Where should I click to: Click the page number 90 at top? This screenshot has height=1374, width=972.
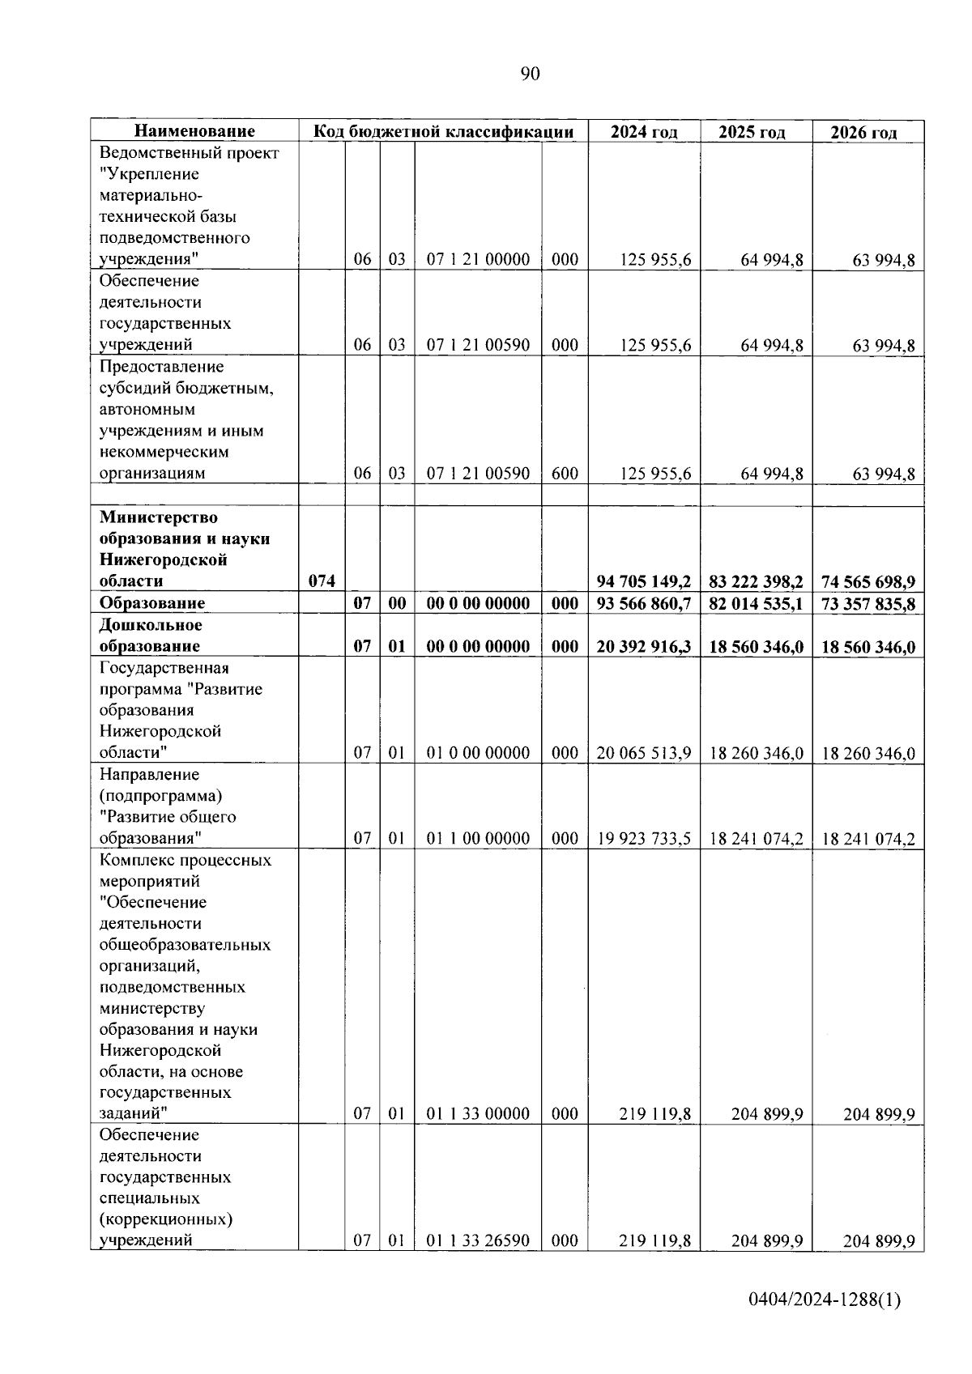pyautogui.click(x=530, y=74)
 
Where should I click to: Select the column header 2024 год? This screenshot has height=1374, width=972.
pyautogui.click(x=644, y=132)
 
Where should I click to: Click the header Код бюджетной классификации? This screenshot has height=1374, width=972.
pyautogui.click(x=443, y=132)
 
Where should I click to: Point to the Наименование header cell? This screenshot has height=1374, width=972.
pyautogui.click(x=194, y=131)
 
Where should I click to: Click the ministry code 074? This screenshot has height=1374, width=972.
pyautogui.click(x=322, y=581)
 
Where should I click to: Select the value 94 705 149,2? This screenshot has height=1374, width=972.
pyautogui.click(x=644, y=581)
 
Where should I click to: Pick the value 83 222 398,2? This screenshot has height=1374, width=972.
pyautogui.click(x=756, y=581)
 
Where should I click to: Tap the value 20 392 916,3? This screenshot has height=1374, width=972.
pyautogui.click(x=644, y=647)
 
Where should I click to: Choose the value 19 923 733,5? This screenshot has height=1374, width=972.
pyautogui.click(x=644, y=839)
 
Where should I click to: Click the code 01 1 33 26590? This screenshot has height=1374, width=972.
pyautogui.click(x=478, y=1240)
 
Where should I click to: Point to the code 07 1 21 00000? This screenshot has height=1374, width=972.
pyautogui.click(x=478, y=259)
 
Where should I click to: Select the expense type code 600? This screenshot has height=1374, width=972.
pyautogui.click(x=565, y=474)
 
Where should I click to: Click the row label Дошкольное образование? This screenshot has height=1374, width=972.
pyautogui.click(x=151, y=636)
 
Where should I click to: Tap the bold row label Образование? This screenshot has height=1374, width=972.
pyautogui.click(x=152, y=603)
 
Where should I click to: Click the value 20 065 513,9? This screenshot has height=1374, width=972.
pyautogui.click(x=644, y=753)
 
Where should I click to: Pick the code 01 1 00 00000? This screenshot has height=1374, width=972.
pyautogui.click(x=478, y=839)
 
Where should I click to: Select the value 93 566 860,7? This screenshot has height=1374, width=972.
pyautogui.click(x=644, y=604)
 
